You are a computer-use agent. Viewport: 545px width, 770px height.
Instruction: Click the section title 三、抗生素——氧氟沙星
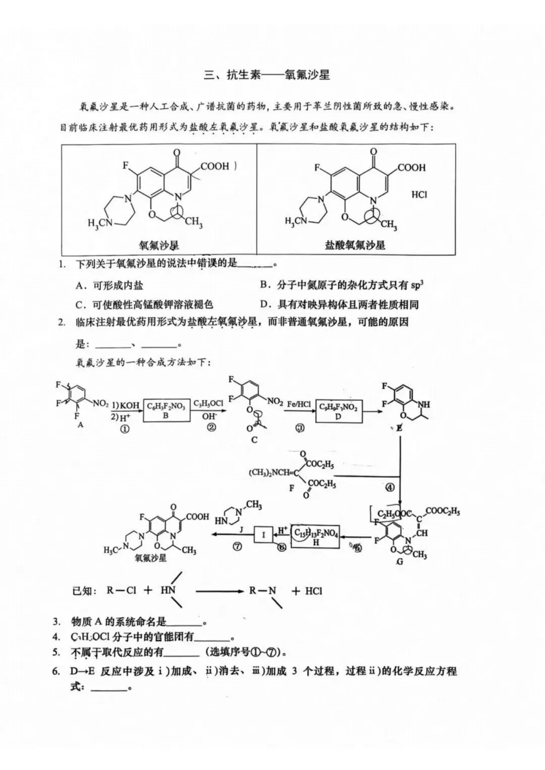[267, 75]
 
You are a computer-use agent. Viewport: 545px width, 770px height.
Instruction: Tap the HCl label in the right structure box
[419, 194]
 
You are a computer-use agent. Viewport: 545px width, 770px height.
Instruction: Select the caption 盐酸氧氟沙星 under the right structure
[355, 245]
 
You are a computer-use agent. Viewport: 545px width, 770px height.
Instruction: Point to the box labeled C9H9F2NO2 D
[338, 411]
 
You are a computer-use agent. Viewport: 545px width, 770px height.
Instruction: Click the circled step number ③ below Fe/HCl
[300, 428]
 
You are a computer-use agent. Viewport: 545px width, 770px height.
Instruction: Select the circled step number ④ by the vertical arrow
[390, 488]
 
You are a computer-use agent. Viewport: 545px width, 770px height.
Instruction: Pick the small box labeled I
[263, 534]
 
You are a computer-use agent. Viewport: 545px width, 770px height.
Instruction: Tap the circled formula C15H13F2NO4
[316, 534]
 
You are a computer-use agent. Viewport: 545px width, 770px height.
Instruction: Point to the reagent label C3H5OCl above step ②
[209, 403]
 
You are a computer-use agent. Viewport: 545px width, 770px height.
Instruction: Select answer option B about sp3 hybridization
[342, 285]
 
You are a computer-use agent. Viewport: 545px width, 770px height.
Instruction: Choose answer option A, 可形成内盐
[110, 286]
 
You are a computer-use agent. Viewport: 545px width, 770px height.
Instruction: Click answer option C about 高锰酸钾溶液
[144, 304]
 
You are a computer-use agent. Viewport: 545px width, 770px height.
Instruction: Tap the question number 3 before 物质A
[57, 622]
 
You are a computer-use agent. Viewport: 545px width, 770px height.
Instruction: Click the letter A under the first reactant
[80, 425]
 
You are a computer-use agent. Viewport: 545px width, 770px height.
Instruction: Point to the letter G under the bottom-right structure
[400, 561]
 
